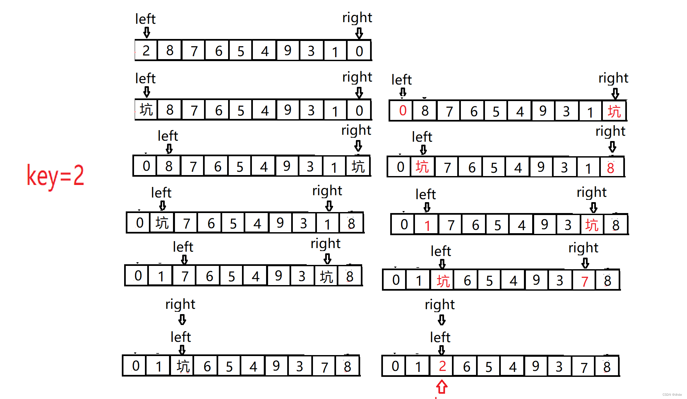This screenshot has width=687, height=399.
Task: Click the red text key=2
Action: [x=55, y=175]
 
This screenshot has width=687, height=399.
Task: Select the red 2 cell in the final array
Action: [x=442, y=366]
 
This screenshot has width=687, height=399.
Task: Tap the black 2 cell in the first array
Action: [x=146, y=51]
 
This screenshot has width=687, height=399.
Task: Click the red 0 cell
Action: [x=402, y=111]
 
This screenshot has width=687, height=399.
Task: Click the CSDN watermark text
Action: [x=672, y=395]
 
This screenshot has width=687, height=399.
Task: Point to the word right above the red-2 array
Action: [x=440, y=305]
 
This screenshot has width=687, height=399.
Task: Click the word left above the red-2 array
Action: [x=440, y=337]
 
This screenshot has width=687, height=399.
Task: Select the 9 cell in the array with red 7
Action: [x=536, y=280]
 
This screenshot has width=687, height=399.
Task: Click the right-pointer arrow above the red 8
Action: [x=612, y=146]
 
